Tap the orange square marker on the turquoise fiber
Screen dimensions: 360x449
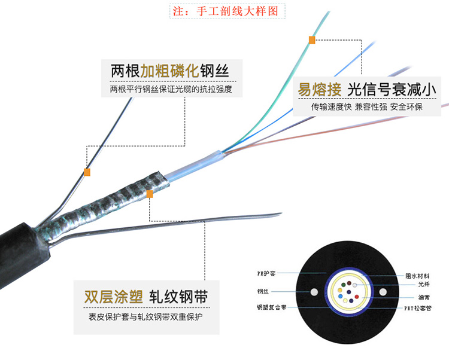point(311,41)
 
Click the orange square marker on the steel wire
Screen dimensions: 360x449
point(87,172)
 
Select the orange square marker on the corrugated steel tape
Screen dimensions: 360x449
point(150,194)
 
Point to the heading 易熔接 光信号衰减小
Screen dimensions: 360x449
point(366,89)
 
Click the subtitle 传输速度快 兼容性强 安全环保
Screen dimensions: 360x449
point(366,108)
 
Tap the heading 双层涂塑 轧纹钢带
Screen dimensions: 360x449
point(149,297)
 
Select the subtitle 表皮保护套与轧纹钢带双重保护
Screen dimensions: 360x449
point(145,316)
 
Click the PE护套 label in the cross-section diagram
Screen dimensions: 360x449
point(266,273)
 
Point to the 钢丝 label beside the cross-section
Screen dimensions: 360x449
point(263,292)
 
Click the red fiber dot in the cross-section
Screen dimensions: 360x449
point(357,297)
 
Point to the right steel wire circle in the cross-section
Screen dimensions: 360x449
point(383,292)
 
